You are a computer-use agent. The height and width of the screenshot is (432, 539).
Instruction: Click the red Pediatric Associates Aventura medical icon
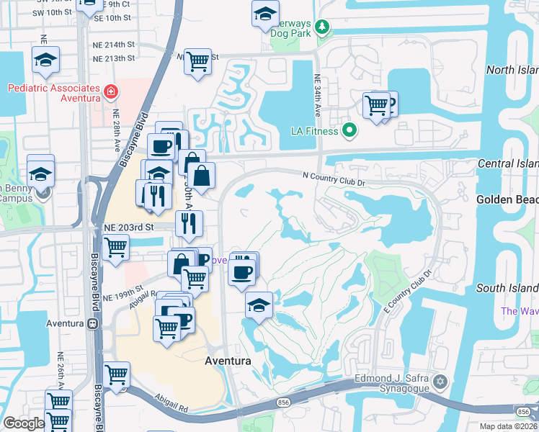coord(110,91)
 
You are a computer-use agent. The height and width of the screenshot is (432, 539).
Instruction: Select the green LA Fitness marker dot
coord(349,130)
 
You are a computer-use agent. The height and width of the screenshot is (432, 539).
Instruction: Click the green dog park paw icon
coord(322,27)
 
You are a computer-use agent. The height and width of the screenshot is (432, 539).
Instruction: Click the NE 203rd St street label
coord(130,227)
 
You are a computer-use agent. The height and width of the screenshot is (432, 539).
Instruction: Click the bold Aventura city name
coord(228,361)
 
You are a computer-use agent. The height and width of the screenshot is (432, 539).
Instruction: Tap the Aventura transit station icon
coord(92,323)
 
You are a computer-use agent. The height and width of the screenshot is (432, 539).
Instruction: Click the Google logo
coord(24,423)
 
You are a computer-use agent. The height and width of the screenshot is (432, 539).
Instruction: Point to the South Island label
coord(507,288)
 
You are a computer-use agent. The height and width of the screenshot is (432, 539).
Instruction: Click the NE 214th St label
coord(113,45)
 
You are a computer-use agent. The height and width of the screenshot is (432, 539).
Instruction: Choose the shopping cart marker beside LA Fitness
coord(377,105)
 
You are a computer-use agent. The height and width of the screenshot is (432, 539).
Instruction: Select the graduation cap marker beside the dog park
coord(265,14)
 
